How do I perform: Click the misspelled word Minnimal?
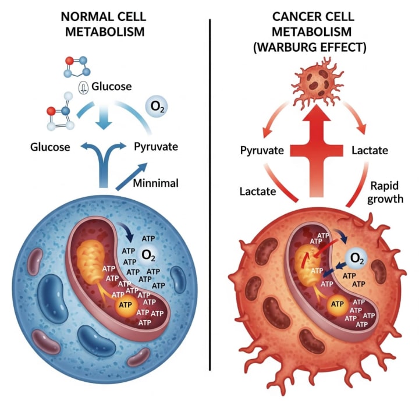coord(156,183)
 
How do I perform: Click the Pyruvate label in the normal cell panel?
coord(157,147)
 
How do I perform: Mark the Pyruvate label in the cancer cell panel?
coord(262,151)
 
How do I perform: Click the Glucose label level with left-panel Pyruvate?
coord(50,147)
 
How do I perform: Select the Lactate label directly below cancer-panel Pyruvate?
coord(258,190)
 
